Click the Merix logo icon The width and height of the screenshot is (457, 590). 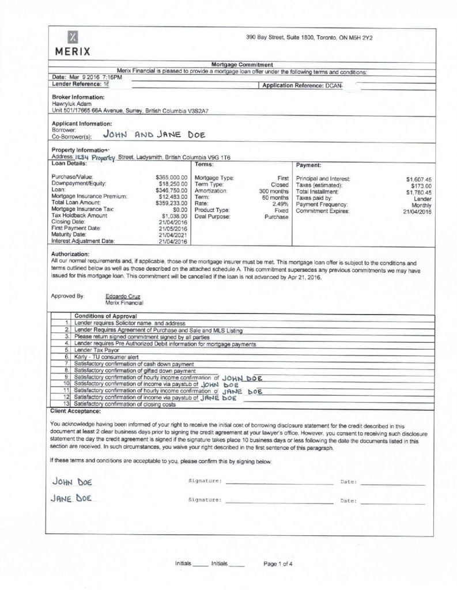pyautogui.click(x=73, y=37)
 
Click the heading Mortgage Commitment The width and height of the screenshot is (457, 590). pyautogui.click(x=242, y=65)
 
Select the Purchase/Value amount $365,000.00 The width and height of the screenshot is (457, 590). pyautogui.click(x=172, y=176)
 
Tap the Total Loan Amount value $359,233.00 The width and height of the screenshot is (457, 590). pyautogui.click(x=172, y=203)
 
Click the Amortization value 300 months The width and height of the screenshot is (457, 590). pyautogui.click(x=274, y=190)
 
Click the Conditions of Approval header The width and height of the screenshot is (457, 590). pyautogui.click(x=106, y=316)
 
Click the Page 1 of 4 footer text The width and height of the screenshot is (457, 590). pyautogui.click(x=278, y=564)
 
